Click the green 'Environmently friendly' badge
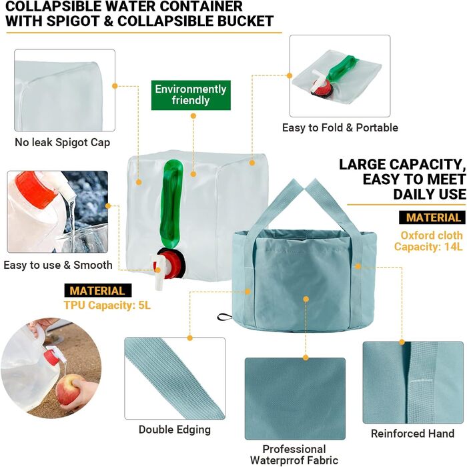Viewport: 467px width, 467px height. click(191, 95)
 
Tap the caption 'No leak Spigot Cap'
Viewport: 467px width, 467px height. click(63, 142)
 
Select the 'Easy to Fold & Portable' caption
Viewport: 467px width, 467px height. click(340, 128)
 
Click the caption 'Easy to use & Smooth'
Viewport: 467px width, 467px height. click(58, 265)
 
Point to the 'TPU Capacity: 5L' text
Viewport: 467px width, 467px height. click(107, 306)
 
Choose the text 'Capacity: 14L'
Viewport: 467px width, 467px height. click(428, 247)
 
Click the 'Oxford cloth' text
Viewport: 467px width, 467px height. click(432, 236)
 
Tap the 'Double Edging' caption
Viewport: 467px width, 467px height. click(175, 430)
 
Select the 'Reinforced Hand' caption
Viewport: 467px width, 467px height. click(413, 434)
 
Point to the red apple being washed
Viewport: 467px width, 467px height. click(68, 389)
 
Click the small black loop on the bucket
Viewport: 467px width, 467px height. click(225, 317)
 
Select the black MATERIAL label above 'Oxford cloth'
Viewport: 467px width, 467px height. click(432, 217)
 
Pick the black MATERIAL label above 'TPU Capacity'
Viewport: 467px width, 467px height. click(97, 291)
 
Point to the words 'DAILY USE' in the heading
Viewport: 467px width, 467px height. click(430, 194)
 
